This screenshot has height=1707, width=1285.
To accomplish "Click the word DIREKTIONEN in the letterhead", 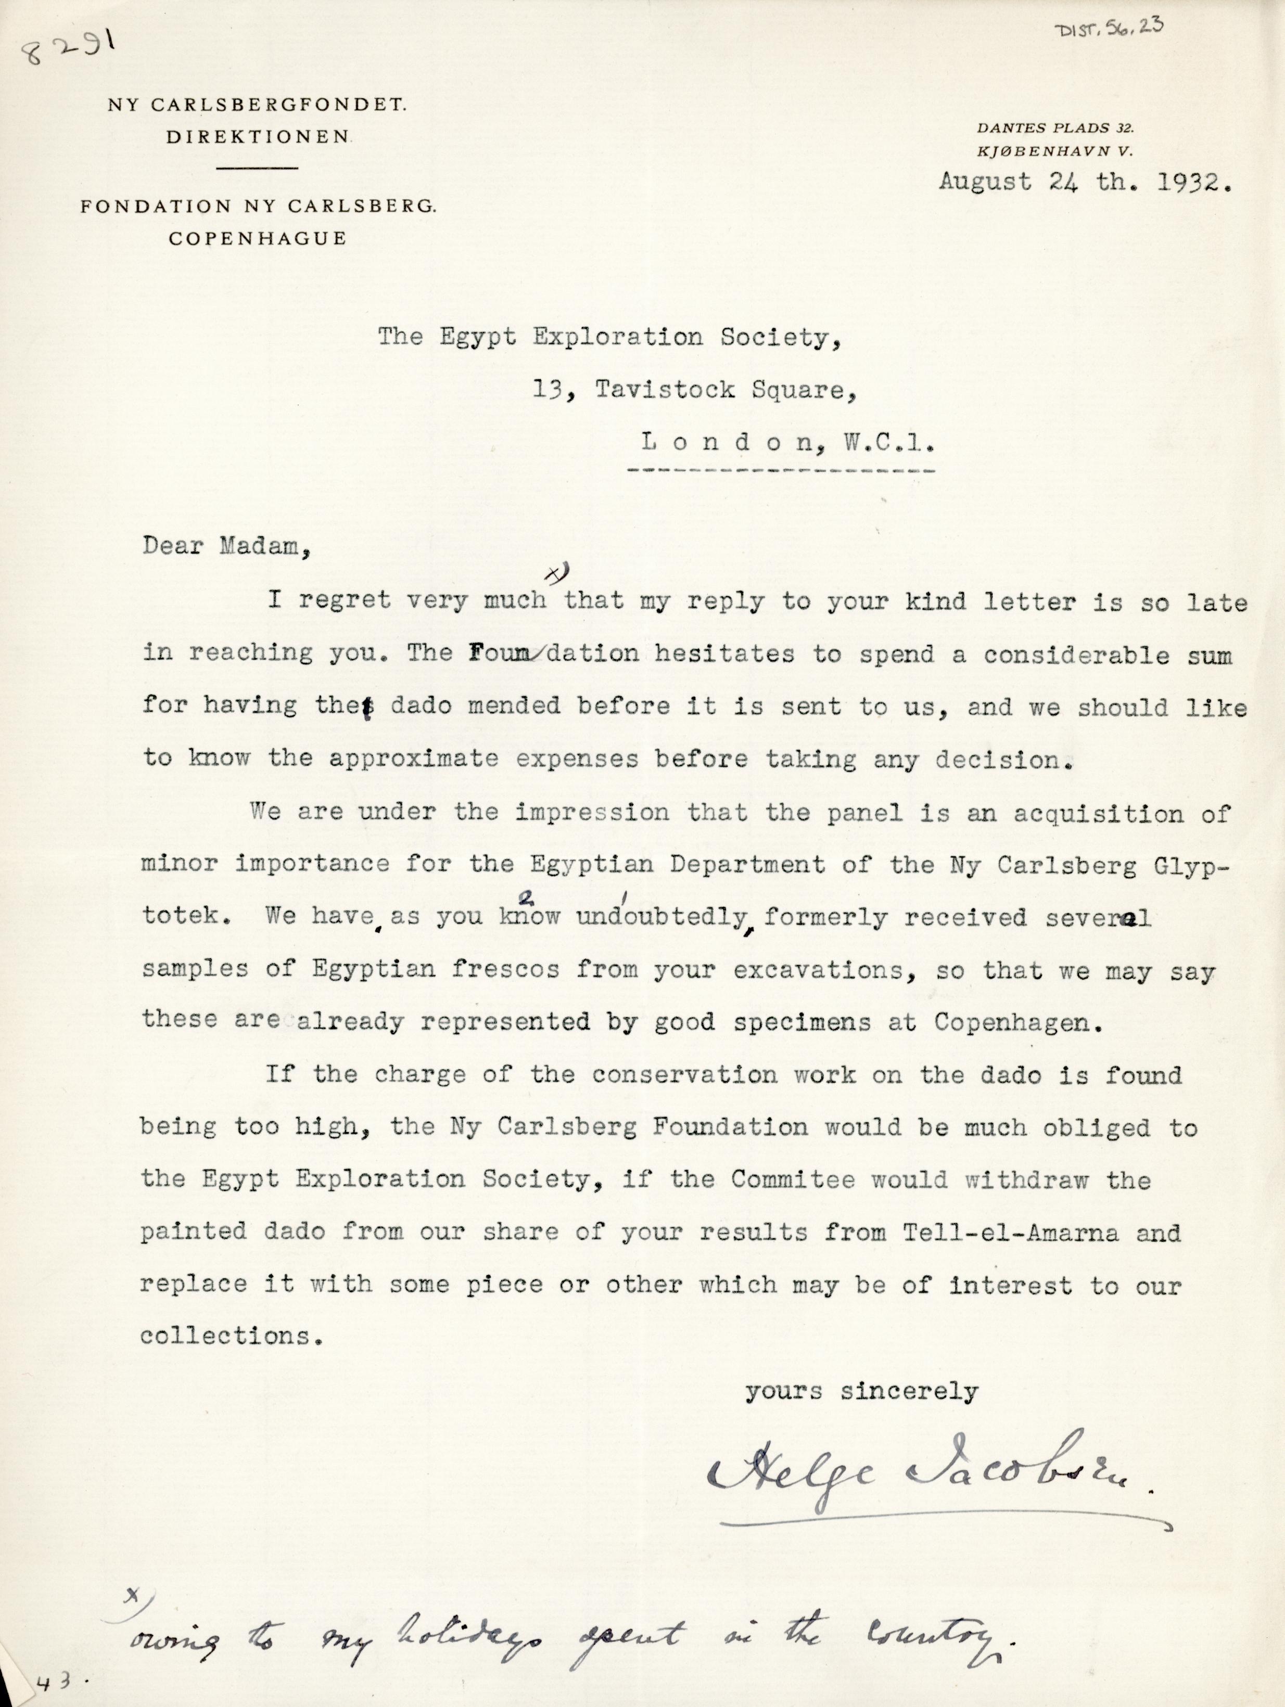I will point(259,137).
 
